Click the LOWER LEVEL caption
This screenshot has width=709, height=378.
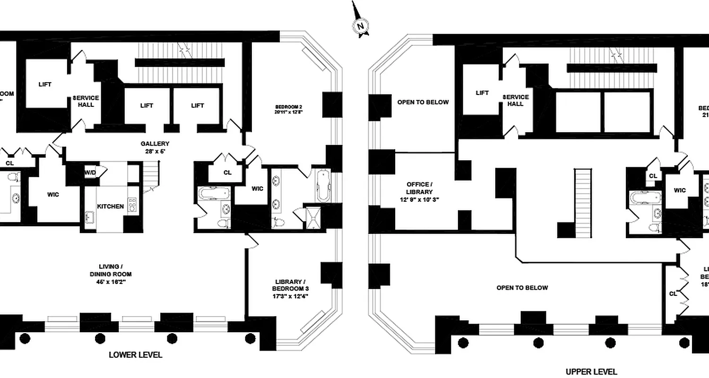136,355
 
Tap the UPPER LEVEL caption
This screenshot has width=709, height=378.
591,371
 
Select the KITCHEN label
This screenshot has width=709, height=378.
111,206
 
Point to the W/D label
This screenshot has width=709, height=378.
90,172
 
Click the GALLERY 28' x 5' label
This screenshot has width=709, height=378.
155,147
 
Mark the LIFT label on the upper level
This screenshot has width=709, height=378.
482,93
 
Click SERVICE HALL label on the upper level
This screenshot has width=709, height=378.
516,100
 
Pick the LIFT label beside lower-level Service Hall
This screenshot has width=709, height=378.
45,85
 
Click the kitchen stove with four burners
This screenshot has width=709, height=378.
132,206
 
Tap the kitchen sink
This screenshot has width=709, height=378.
89,217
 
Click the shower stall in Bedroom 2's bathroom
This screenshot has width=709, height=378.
313,218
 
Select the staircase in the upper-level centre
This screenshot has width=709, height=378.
583,204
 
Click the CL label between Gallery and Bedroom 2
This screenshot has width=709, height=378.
227,172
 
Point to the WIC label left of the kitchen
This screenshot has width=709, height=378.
53,195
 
